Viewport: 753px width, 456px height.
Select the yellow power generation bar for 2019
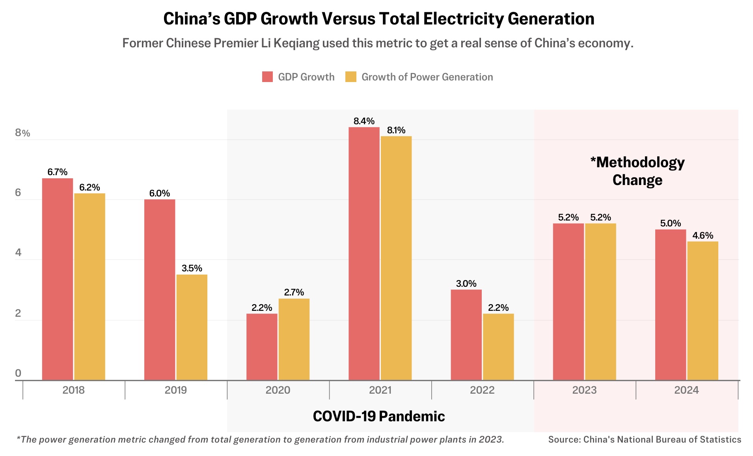click(x=192, y=327)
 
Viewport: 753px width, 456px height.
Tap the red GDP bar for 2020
click(x=262, y=347)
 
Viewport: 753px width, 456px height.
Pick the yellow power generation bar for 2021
click(x=396, y=258)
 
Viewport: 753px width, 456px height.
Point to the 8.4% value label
click(x=364, y=121)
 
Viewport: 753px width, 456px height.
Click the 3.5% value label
click(x=192, y=268)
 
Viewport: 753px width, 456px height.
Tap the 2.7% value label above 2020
click(x=294, y=292)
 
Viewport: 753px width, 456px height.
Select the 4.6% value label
click(x=703, y=235)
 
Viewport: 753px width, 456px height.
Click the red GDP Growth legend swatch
click(x=267, y=77)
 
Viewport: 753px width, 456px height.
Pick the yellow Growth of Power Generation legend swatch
click(x=350, y=77)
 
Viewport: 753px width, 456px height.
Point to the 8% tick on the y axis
click(x=22, y=133)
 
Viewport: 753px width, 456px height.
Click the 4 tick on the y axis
click(x=18, y=252)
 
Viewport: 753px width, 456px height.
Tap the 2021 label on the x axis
click(x=380, y=390)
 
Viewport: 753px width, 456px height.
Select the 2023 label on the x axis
click(x=584, y=390)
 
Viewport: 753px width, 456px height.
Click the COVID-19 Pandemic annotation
click(x=378, y=416)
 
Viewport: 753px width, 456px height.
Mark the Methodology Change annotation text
click(x=637, y=171)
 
